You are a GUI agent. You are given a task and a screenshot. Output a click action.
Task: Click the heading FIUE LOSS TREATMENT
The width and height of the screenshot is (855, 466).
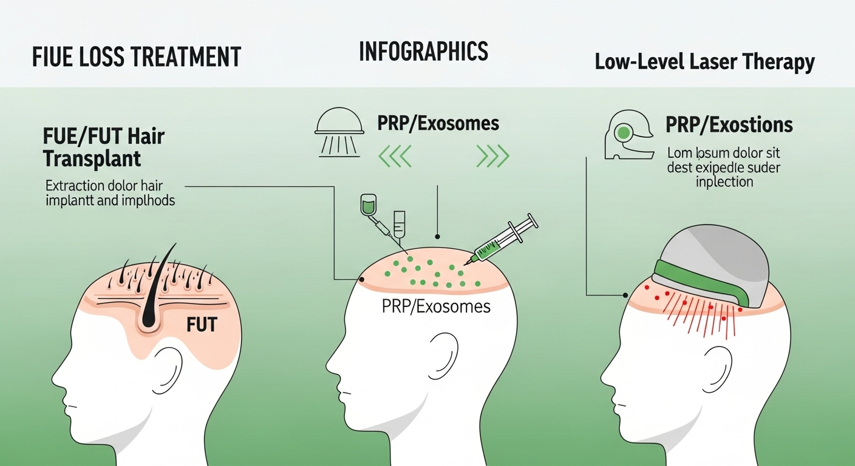136,57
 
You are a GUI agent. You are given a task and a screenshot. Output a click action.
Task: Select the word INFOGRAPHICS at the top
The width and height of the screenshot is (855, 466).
423,52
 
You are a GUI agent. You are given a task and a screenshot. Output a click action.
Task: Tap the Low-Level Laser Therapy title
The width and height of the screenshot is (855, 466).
704,62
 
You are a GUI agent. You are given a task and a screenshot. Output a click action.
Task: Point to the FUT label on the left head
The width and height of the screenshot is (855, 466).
202,325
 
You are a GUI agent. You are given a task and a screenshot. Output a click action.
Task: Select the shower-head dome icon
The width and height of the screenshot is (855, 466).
339,130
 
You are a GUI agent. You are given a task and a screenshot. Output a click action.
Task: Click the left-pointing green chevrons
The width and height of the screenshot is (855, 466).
395,157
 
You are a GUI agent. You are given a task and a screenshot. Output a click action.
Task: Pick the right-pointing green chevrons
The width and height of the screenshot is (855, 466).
492,157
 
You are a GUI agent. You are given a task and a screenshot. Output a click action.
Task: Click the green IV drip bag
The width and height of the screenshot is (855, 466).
367,205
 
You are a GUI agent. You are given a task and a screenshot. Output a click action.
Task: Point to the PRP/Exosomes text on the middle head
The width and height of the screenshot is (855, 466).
436,306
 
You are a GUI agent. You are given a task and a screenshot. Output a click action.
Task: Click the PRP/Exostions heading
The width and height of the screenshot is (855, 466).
729,125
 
